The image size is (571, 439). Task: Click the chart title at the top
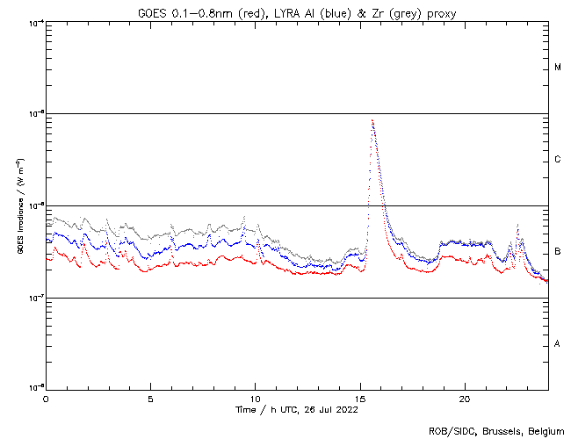pyautogui.click(x=297, y=11)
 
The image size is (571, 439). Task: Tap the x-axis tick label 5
pyautogui.click(x=150, y=399)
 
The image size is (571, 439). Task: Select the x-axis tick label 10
pyautogui.click(x=256, y=399)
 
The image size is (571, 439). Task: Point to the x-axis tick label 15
pyautogui.click(x=360, y=399)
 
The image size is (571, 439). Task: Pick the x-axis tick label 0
pyautogui.click(x=46, y=399)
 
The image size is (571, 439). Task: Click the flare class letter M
pyautogui.click(x=558, y=68)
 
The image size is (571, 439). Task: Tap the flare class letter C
pyautogui.click(x=558, y=160)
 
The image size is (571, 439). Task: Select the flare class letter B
pyautogui.click(x=558, y=252)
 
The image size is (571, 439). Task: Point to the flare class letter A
pyautogui.click(x=558, y=344)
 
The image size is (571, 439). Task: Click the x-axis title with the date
pyautogui.click(x=297, y=409)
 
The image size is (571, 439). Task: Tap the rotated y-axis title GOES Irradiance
pyautogui.click(x=18, y=206)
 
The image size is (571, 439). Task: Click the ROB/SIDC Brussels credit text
pyautogui.click(x=496, y=430)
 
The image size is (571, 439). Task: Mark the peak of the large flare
pyautogui.click(x=372, y=120)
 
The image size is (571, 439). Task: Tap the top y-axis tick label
pyautogui.click(x=36, y=22)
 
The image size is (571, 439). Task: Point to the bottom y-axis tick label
pyautogui.click(x=36, y=387)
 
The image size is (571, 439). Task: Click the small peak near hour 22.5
pyautogui.click(x=518, y=226)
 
